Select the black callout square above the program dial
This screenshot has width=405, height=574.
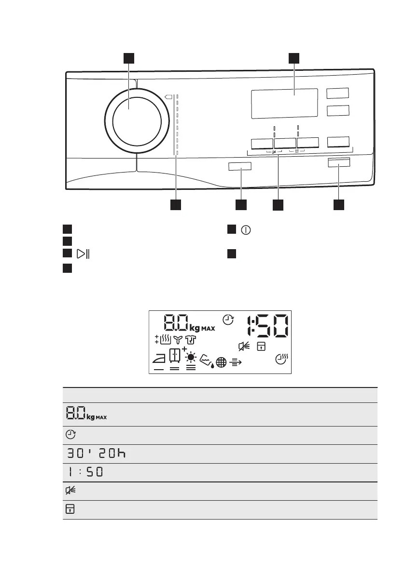tap(128, 58)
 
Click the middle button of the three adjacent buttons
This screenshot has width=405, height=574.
tap(284, 143)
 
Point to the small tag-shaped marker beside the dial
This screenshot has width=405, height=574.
tap(168, 96)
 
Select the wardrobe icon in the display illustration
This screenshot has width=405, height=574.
tap(175, 356)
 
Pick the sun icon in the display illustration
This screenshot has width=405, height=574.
tap(191, 357)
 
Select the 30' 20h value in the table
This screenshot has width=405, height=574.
tap(97, 454)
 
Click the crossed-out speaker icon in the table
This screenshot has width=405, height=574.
tap(71, 492)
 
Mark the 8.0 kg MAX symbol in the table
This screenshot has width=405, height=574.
tap(85, 414)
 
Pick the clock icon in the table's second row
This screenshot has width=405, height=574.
tap(70, 435)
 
